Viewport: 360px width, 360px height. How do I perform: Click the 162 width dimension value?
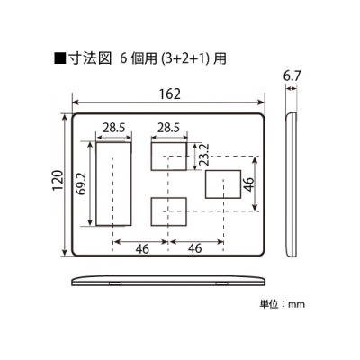(x=170, y=94)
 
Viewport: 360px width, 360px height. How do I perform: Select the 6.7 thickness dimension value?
(x=292, y=76)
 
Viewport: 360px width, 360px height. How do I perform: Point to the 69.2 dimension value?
(x=82, y=184)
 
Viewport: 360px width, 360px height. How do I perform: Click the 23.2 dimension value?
(x=204, y=154)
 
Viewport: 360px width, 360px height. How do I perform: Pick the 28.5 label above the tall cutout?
(x=114, y=128)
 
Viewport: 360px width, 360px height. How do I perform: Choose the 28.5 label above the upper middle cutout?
(x=168, y=128)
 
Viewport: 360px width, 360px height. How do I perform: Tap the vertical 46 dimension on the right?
(x=249, y=184)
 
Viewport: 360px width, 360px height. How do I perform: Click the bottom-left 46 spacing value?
(x=142, y=248)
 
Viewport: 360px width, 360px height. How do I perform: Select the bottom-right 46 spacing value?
(x=195, y=248)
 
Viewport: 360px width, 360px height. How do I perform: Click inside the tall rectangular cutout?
(x=113, y=184)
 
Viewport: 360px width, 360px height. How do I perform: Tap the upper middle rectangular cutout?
(x=169, y=157)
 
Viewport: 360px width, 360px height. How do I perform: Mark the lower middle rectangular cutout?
(x=169, y=211)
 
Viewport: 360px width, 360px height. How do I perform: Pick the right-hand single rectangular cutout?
(x=223, y=184)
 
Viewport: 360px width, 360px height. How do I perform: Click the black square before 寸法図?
(x=60, y=58)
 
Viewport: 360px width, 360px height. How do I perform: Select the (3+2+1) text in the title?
(x=184, y=59)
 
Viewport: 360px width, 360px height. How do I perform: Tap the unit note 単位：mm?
(x=282, y=304)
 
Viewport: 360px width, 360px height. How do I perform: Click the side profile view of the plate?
(x=291, y=184)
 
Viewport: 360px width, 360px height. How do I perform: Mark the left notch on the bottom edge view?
(x=114, y=283)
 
